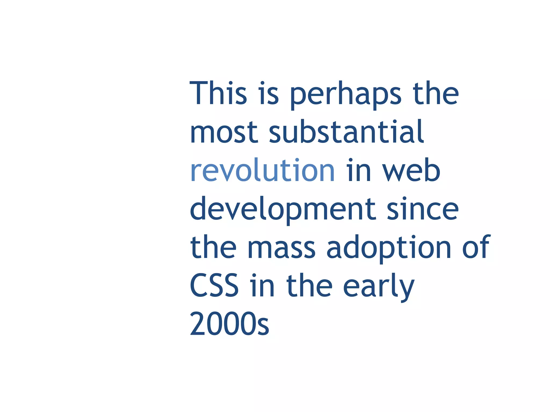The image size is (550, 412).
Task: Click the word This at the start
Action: tap(218, 93)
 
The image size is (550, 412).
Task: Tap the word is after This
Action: tap(269, 93)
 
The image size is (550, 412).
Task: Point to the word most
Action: tap(224, 132)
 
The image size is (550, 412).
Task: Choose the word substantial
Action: tap(346, 132)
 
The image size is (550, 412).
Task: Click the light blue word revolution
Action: tap(262, 170)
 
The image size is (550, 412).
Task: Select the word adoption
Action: tap(389, 248)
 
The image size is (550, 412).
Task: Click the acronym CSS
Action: tap(214, 285)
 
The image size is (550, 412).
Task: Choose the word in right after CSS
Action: tap(262, 285)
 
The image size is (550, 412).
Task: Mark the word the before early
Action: tap(309, 285)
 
